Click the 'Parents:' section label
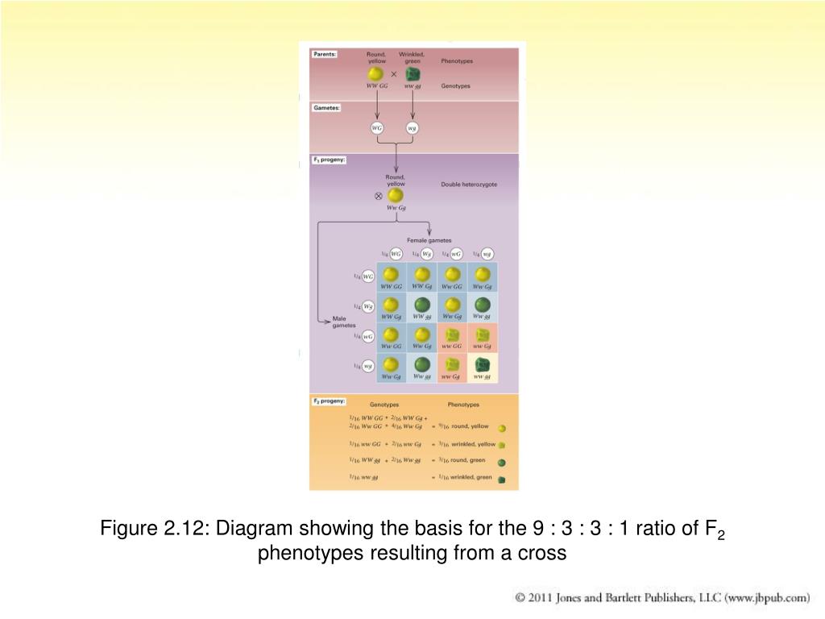tap(325, 55)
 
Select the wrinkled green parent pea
tap(412, 74)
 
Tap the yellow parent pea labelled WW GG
tap(375, 74)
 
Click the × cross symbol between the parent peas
tap(394, 73)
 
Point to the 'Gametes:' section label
tap(326, 107)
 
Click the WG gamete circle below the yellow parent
tap(376, 128)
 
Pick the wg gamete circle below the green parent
tap(412, 128)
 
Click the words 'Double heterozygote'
tap(469, 184)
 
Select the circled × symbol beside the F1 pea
tap(378, 196)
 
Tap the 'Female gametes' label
tap(429, 239)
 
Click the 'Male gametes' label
tap(344, 322)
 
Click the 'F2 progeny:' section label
tap(330, 401)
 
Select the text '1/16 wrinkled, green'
tap(465, 477)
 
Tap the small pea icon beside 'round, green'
tap(501, 463)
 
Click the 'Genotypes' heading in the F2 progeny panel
tap(384, 405)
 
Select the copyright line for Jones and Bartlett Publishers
tap(661, 598)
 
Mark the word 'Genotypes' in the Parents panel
tap(455, 85)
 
